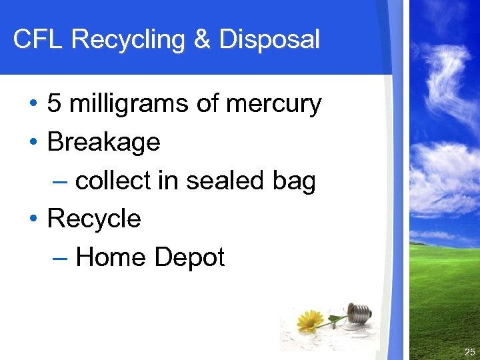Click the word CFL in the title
tap(39, 39)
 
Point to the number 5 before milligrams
tap(54, 104)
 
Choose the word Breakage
tap(104, 142)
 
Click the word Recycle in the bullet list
tap(94, 219)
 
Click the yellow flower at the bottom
tap(309, 321)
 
